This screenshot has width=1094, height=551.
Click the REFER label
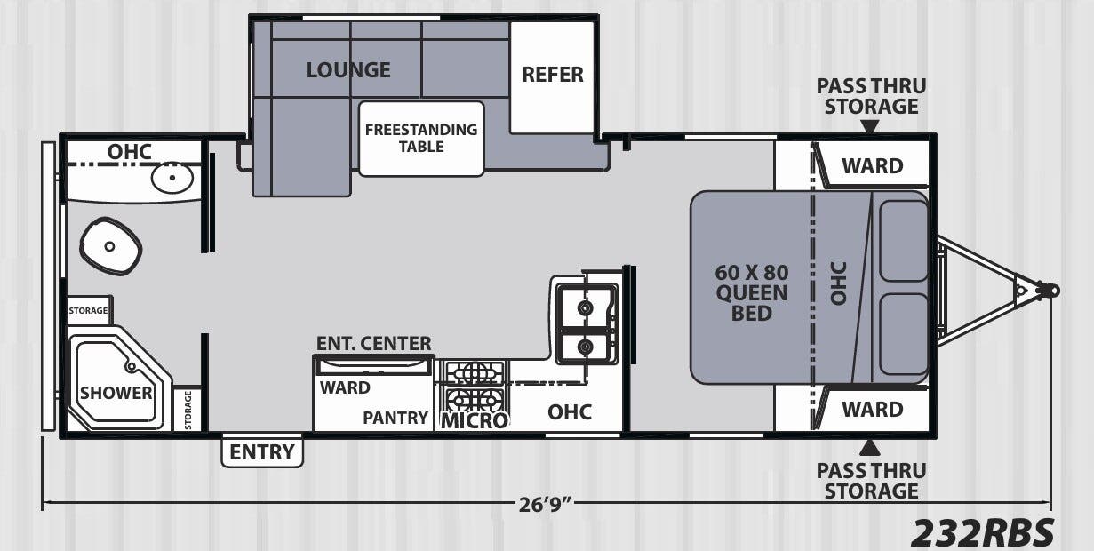tap(553, 75)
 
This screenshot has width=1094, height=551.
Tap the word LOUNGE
tap(348, 70)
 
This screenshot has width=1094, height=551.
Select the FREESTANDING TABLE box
tap(421, 139)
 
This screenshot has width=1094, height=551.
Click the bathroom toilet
tap(110, 246)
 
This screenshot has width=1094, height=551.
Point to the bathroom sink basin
tap(172, 178)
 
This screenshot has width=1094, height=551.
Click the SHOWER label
tap(116, 393)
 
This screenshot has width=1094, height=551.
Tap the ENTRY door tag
tap(262, 451)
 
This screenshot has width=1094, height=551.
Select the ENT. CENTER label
tap(373, 343)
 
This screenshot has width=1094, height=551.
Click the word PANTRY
tap(395, 418)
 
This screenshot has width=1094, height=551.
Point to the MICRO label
tap(475, 420)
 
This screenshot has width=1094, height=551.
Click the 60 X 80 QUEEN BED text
tap(751, 292)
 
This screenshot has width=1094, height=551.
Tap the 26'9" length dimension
tap(545, 505)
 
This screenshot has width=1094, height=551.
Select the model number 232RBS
tap(982, 532)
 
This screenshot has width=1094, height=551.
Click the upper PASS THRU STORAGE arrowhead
tap(870, 127)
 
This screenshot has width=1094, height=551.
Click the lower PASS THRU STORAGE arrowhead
tap(870, 447)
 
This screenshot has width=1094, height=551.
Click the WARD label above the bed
tap(873, 166)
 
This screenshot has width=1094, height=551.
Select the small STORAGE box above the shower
tap(88, 310)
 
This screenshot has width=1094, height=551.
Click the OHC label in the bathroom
tap(130, 152)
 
